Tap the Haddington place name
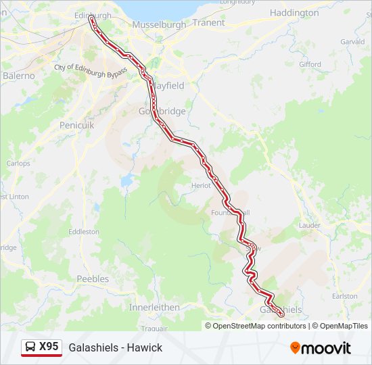coord(294,13)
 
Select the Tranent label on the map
coord(208,22)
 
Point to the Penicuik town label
coord(77,126)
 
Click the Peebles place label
coord(93,278)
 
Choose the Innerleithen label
coord(154,307)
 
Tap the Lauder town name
coord(309,224)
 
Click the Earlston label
coord(345,296)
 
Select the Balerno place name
coord(18,76)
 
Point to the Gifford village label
coord(310,64)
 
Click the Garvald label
coord(352,41)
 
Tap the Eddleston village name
coord(85,231)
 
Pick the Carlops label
coord(18,163)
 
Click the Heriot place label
coord(201,185)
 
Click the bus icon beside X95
coord(30,347)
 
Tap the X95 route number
coord(49,347)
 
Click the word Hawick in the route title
coord(146,347)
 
